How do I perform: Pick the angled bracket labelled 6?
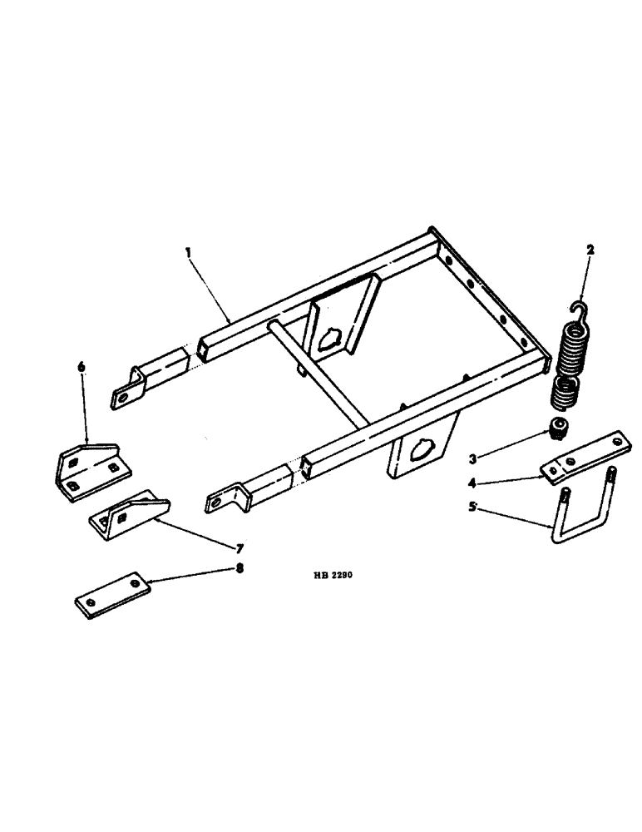(x=91, y=470)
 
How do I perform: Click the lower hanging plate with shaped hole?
(x=420, y=449)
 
